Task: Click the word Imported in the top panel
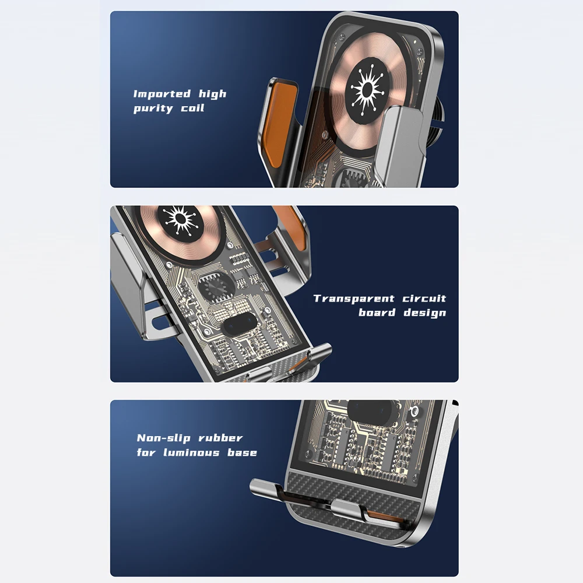(162, 94)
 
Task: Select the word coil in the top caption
(192, 108)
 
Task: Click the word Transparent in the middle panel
(354, 298)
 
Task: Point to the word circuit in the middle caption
(424, 298)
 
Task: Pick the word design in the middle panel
(425, 312)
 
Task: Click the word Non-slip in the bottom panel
(164, 438)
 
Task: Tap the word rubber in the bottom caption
(220, 438)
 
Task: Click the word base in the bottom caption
(242, 452)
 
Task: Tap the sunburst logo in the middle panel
(180, 219)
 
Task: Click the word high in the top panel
(212, 94)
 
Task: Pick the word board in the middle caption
(377, 312)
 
